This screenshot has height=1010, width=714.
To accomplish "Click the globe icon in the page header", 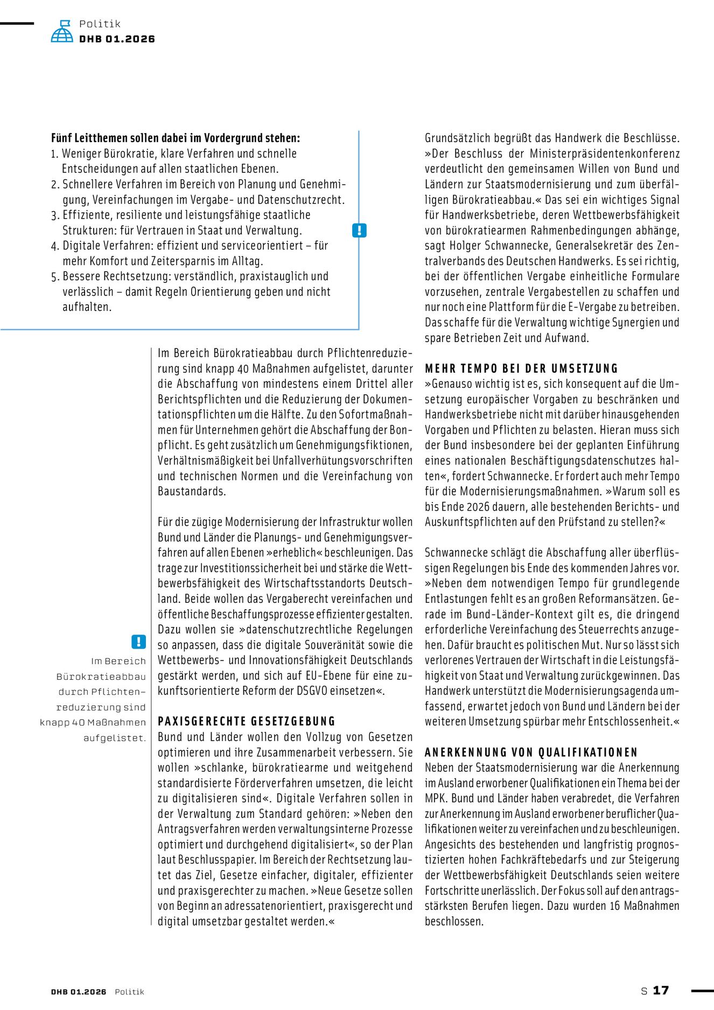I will click(x=62, y=32).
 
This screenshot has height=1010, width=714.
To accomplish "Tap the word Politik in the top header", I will click(x=100, y=24).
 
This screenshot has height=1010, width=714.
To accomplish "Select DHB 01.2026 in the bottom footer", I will click(x=79, y=992).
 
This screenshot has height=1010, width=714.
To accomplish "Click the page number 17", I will click(x=661, y=990).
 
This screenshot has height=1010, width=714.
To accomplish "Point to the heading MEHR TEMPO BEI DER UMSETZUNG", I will click(x=521, y=368).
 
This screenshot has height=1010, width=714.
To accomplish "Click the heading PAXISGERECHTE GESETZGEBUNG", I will click(x=246, y=721).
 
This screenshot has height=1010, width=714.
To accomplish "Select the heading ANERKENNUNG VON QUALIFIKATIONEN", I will click(x=531, y=752).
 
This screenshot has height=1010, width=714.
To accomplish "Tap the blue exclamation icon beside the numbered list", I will click(x=359, y=231).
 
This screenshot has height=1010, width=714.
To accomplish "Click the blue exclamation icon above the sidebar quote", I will click(x=138, y=642).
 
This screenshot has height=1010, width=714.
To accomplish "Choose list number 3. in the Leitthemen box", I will click(x=55, y=215).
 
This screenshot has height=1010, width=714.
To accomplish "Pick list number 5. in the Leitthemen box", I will click(x=55, y=277).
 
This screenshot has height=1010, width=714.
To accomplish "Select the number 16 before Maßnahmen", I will click(x=615, y=906).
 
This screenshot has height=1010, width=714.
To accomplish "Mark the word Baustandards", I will click(x=192, y=491).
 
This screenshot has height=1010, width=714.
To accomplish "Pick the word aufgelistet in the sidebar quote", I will click(x=114, y=738).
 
